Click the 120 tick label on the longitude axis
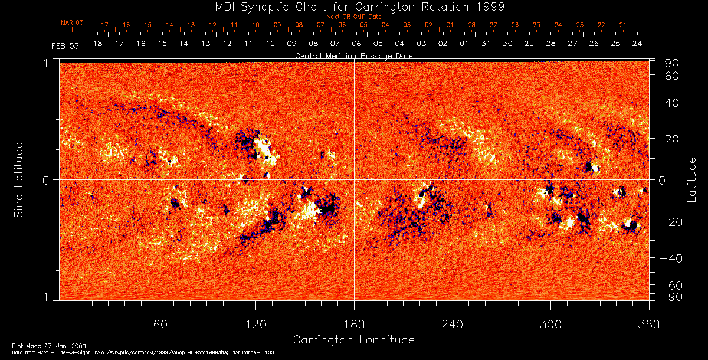coord(256,324)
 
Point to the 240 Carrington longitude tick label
coord(453,324)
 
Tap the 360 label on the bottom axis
coord(648,324)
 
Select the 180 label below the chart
coord(354,324)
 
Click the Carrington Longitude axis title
coord(353,340)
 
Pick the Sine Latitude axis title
coord(19,179)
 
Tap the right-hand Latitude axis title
coord(691,179)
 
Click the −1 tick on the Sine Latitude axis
coord(45,297)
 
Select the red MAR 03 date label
coord(72,22)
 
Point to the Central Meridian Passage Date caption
coord(354,55)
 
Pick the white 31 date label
coord(486,44)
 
